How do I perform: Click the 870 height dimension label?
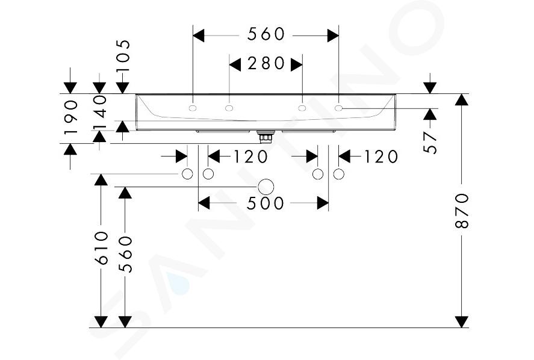pos(462,211)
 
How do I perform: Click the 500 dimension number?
pos(265,203)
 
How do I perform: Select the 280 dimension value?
pos(266,63)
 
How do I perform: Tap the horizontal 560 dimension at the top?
pos(265,34)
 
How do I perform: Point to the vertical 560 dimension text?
pos(125,254)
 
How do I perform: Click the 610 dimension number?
pos(102,248)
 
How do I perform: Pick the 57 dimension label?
pos(430,143)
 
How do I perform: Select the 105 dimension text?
pos(123,55)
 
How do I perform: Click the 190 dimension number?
pos(71,116)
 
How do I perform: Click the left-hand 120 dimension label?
pos(250,157)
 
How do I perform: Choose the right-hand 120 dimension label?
pos(380,157)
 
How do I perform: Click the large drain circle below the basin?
pos(266,187)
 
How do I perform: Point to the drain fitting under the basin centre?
pos(265,137)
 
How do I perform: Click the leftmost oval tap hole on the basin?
pos(193,108)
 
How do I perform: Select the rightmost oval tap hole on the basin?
pos(338,108)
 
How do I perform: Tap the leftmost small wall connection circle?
pos(187,174)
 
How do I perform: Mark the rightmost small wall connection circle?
pos(338,174)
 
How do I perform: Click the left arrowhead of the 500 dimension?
pos(203,203)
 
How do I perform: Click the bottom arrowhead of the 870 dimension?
pos(462,322)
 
